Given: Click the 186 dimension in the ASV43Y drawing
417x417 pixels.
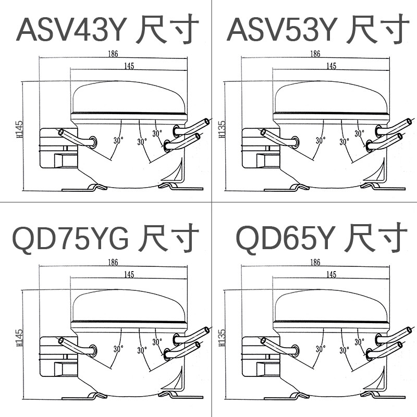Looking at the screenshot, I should click(x=113, y=54).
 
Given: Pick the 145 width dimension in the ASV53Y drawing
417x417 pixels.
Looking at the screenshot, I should click(x=330, y=66).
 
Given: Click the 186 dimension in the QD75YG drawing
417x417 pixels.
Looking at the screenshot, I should click(x=113, y=262).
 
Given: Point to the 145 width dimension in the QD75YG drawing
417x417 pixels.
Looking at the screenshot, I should click(x=128, y=274).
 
